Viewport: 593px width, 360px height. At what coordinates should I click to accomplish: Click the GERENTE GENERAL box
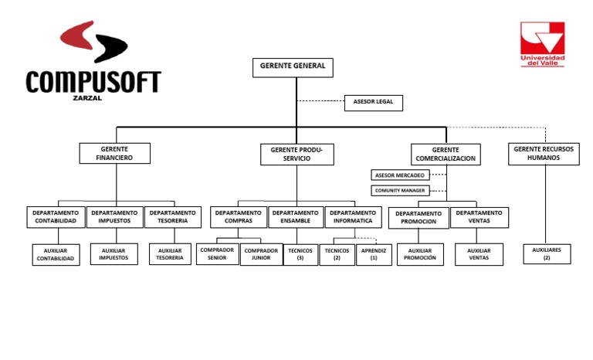click(x=293, y=67)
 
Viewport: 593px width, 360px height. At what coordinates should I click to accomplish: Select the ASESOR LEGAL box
click(x=373, y=102)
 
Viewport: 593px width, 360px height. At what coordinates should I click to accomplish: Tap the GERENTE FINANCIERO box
click(x=114, y=153)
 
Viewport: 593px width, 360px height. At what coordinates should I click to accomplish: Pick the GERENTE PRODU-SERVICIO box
click(x=296, y=154)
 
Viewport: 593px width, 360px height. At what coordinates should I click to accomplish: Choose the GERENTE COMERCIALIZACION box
click(x=446, y=155)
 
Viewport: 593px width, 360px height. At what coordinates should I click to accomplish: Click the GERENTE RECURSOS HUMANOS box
click(x=544, y=154)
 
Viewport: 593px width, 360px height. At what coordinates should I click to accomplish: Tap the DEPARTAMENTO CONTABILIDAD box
click(x=55, y=217)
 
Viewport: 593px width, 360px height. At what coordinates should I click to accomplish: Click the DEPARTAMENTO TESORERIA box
click(x=172, y=217)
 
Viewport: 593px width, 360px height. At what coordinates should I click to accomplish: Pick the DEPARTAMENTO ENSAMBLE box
click(x=296, y=217)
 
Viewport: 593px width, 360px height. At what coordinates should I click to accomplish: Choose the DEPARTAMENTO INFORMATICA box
click(x=353, y=217)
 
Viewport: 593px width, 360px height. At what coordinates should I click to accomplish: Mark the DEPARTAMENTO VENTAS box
click(x=479, y=217)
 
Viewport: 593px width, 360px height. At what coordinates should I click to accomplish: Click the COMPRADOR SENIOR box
click(x=217, y=255)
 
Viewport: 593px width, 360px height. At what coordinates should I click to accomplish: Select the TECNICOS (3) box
click(x=300, y=255)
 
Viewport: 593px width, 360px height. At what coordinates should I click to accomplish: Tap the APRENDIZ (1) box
click(x=374, y=255)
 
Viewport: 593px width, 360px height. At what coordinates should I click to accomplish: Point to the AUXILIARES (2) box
click(x=547, y=254)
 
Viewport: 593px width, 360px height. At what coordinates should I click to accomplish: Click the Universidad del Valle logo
click(x=542, y=44)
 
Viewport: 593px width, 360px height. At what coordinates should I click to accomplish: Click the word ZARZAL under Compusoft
click(x=87, y=98)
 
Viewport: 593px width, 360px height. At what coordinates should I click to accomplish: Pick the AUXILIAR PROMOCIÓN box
click(x=420, y=255)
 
